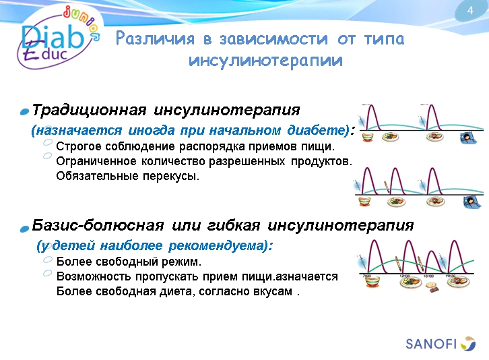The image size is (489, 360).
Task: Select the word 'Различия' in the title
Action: pos(154,39)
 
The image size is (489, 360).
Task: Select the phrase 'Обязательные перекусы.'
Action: pos(128,177)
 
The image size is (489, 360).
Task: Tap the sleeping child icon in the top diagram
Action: pos(467,140)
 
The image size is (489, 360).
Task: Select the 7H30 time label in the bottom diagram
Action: pos(367,276)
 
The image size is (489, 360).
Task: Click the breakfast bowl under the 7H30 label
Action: pos(368,284)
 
